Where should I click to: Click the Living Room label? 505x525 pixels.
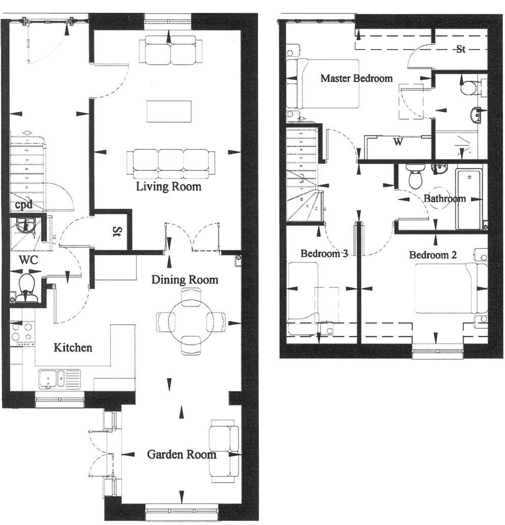click(169, 187)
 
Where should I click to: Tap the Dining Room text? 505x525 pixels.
click(185, 280)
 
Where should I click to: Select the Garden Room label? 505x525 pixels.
click(181, 454)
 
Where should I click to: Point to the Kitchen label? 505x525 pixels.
click(73, 348)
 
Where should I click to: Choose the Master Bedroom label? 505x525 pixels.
click(356, 78)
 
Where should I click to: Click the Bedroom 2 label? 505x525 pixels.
click(433, 255)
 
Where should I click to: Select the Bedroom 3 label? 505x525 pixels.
click(324, 253)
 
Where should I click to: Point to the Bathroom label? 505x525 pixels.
click(444, 198)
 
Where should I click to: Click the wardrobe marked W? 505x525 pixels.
click(398, 142)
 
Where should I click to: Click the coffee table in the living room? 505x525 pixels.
click(169, 111)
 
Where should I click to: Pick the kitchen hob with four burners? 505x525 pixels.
click(22, 334)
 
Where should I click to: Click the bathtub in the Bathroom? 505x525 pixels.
click(468, 198)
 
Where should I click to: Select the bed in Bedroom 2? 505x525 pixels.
click(446, 288)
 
